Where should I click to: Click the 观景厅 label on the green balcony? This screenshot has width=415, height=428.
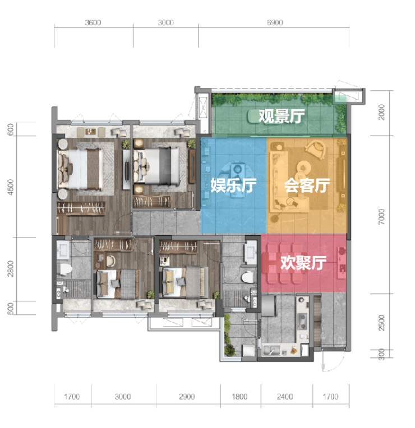282,116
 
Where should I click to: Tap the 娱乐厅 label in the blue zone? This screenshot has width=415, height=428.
234,185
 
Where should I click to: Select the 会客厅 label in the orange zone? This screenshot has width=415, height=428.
307,185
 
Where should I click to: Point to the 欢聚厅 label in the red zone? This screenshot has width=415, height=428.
303,263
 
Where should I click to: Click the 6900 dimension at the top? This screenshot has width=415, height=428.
275,22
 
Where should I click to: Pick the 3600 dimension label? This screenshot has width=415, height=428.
93,22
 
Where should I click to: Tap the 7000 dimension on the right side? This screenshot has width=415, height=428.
382,217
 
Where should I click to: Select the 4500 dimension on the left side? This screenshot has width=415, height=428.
11,187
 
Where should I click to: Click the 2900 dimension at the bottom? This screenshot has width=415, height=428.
187,397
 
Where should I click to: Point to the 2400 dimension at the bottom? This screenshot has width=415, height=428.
285,397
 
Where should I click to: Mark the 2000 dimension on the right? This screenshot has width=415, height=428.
382,112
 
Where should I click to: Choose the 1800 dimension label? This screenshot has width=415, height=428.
239,397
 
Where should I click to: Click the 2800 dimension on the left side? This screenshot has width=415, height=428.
11,268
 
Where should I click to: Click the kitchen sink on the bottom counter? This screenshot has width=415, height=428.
271,350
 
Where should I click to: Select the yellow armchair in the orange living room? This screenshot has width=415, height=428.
316,150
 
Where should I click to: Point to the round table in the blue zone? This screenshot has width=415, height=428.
236,171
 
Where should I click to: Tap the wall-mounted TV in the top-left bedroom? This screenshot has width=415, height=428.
127,170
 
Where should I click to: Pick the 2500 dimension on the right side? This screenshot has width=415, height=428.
382,323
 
